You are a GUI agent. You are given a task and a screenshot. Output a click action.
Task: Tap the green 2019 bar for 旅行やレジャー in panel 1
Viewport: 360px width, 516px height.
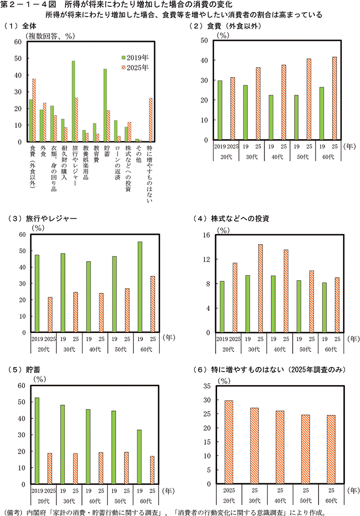[x=73, y=101]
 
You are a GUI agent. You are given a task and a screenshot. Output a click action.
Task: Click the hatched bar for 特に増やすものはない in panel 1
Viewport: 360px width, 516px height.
[x=151, y=120]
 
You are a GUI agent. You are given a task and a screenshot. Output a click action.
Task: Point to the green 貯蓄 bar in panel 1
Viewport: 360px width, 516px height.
[x=104, y=105]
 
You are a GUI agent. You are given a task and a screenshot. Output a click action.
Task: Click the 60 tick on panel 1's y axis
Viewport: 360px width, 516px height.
[x=18, y=42]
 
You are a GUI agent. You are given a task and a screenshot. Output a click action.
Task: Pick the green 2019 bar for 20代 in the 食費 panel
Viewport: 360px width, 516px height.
[x=220, y=110]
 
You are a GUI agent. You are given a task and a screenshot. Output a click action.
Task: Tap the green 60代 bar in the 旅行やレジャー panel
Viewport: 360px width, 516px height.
[x=140, y=287]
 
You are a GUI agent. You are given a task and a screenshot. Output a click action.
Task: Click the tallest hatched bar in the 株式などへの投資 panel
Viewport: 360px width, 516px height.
[x=260, y=289]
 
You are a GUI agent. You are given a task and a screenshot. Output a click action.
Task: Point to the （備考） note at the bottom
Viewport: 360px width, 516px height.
[x=15, y=511]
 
